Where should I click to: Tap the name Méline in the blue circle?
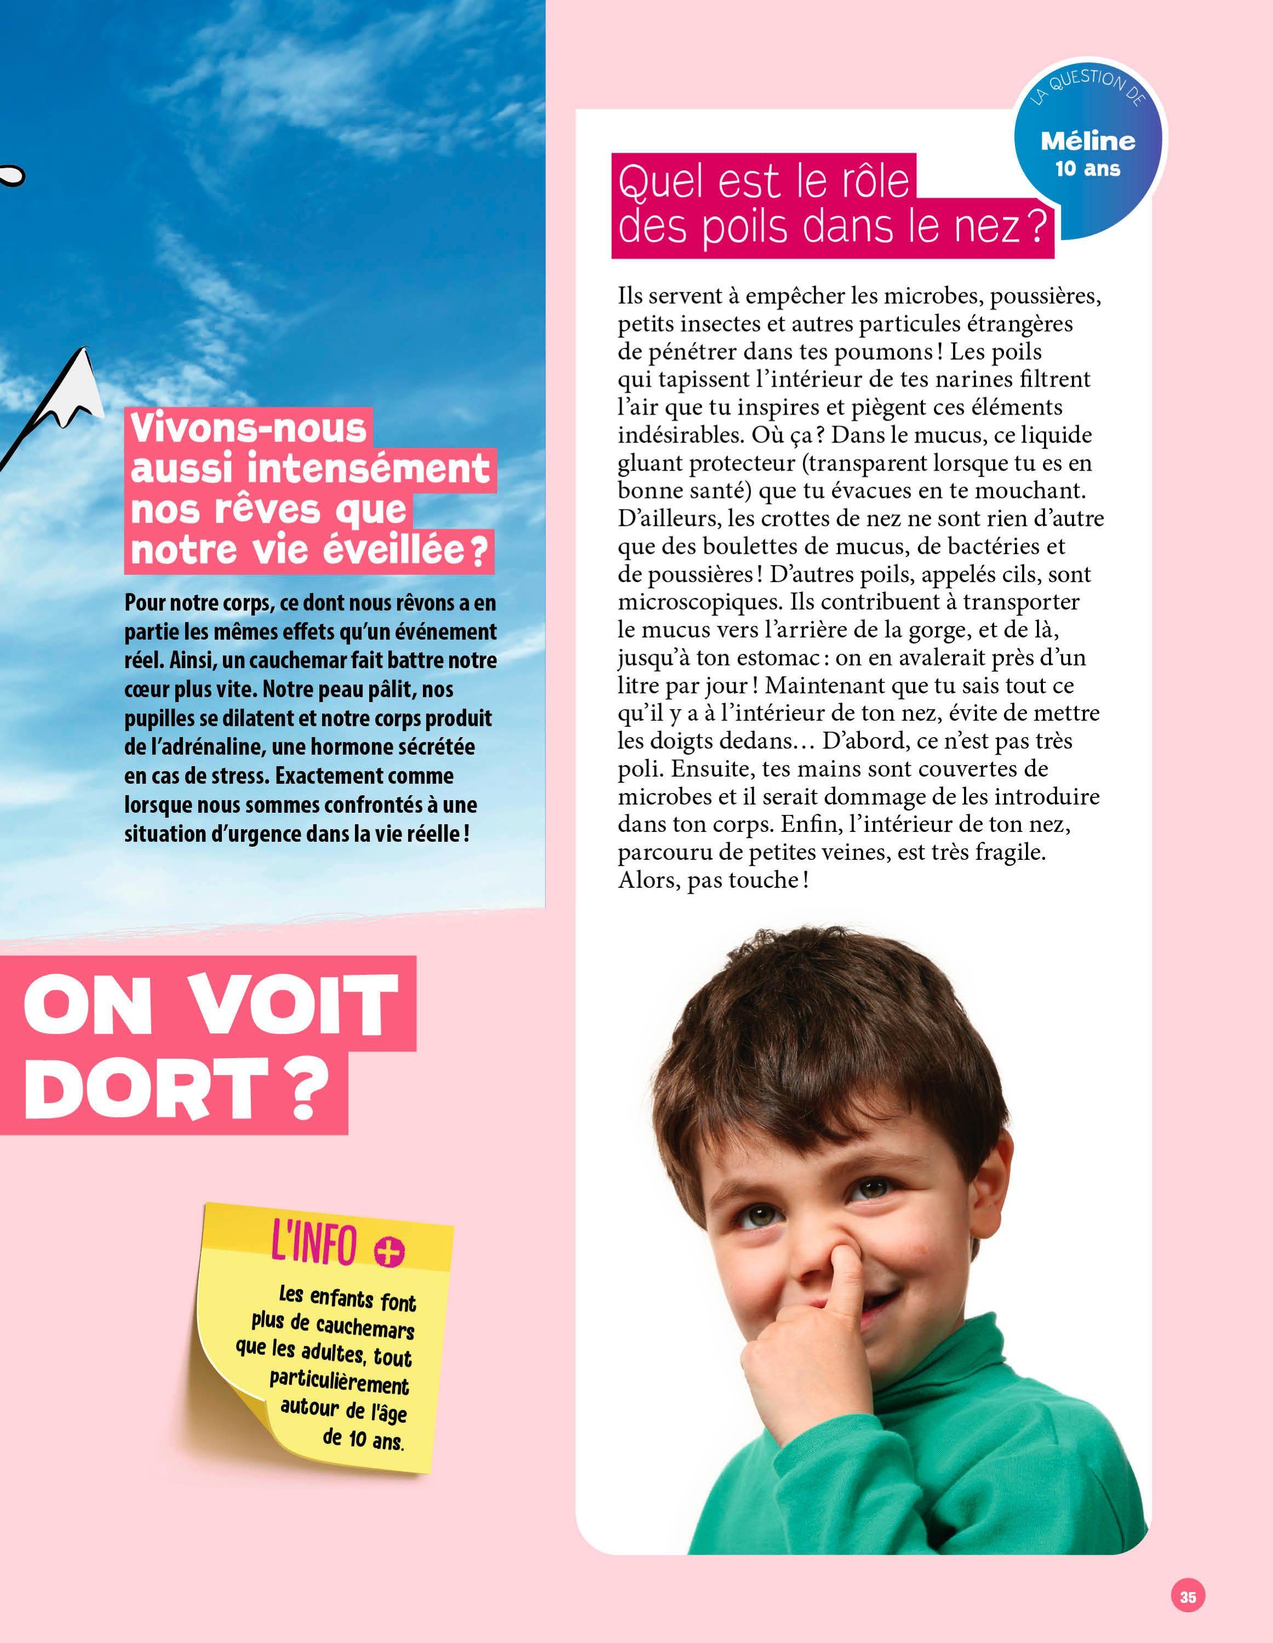(x=1088, y=141)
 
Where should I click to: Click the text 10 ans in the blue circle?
(x=1087, y=169)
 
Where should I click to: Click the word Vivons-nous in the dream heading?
(x=248, y=429)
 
